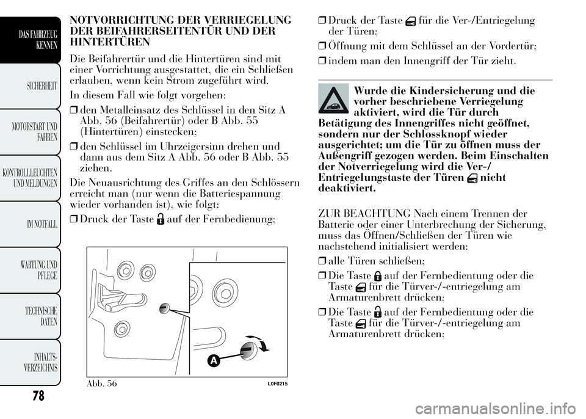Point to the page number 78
(x=38, y=396)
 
